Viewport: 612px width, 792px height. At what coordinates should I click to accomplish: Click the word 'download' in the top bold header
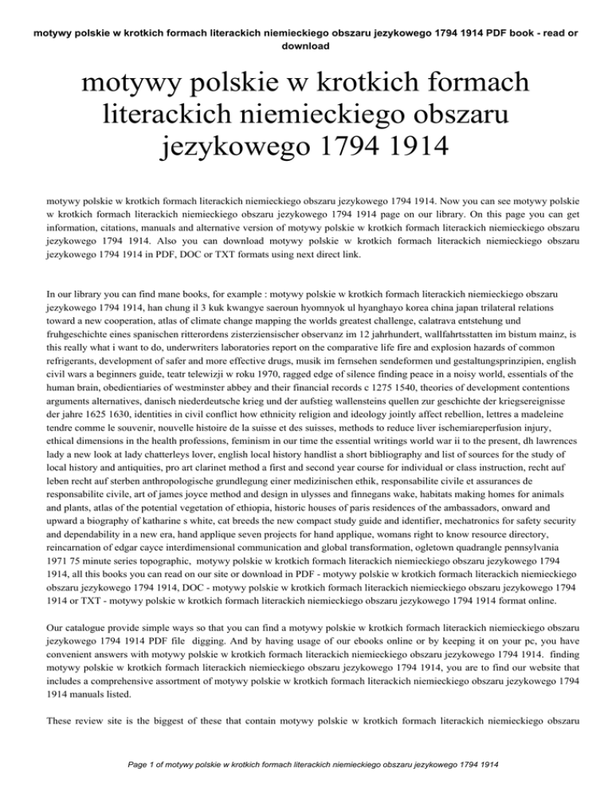(305, 45)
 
